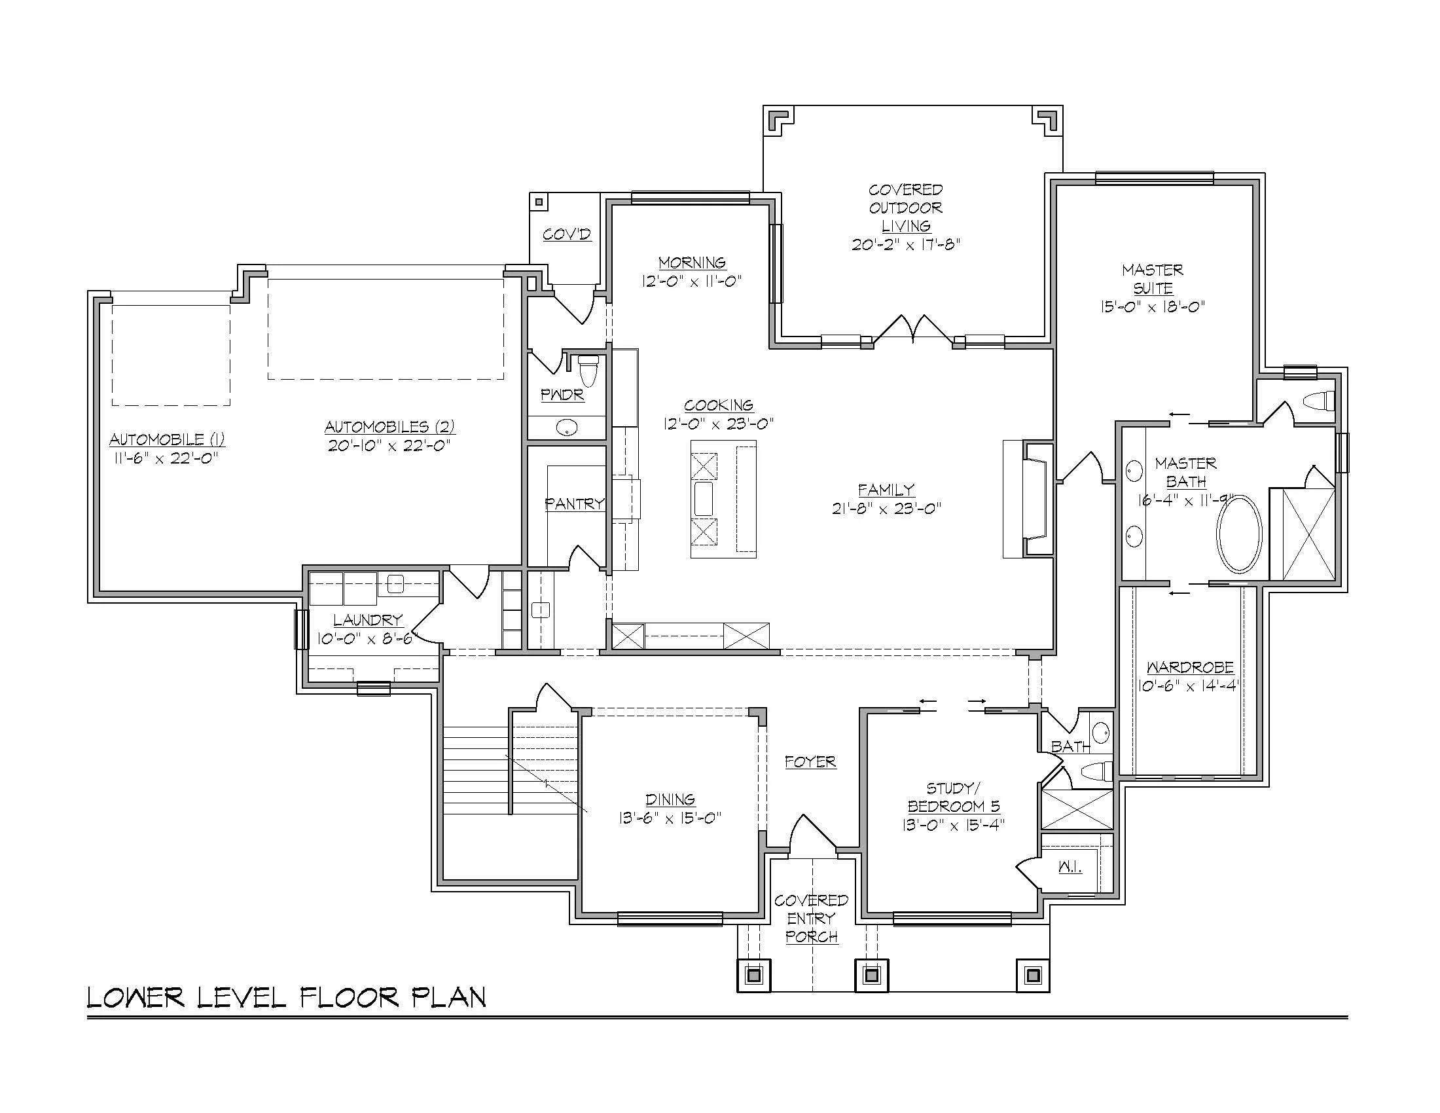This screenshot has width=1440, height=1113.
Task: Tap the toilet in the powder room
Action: (587, 371)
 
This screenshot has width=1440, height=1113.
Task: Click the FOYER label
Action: (810, 761)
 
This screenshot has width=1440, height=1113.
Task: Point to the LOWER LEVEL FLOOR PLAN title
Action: (286, 998)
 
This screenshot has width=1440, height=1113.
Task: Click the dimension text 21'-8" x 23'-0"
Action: (886, 507)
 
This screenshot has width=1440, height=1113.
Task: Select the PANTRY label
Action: (574, 503)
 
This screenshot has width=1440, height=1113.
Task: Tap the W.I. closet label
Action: (1070, 867)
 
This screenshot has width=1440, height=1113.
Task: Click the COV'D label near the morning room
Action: (566, 234)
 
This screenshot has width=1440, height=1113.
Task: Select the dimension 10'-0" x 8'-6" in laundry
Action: (367, 638)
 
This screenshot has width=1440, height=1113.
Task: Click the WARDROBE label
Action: (1189, 667)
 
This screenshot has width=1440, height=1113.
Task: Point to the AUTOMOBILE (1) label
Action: (167, 439)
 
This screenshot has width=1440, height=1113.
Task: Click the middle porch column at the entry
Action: (872, 974)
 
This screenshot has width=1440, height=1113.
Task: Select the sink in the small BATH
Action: (1100, 732)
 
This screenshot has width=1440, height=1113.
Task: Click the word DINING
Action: (670, 799)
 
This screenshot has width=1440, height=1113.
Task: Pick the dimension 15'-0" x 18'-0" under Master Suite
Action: (1152, 306)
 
